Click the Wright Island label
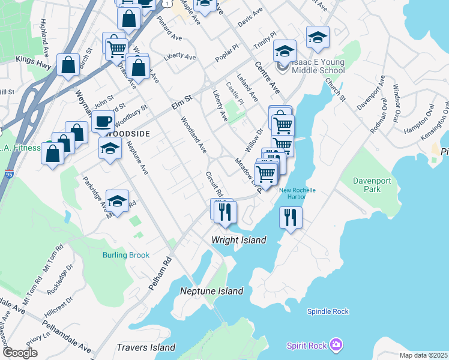pos(238,240)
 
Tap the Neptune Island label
pos(212,291)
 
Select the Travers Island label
pos(146,347)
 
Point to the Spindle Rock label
pos(328,311)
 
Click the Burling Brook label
pos(125,255)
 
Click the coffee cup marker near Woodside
pos(103,122)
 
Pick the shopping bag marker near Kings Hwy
pos(68,65)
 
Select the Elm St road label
pos(181,101)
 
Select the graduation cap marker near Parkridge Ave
pos(117,202)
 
